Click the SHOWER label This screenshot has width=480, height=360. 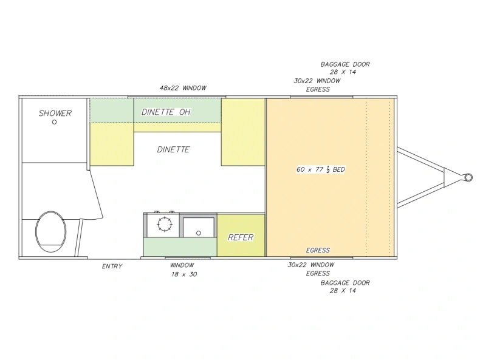click(x=55, y=113)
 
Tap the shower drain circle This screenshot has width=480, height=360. click(x=55, y=122)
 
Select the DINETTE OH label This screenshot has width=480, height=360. click(x=166, y=112)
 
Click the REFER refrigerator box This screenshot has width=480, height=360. click(x=241, y=235)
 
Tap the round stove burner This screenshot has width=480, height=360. click(x=165, y=224)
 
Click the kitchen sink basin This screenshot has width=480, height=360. click(x=198, y=227)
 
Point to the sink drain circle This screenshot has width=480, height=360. click(x=198, y=233)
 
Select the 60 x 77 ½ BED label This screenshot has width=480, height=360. click(x=321, y=169)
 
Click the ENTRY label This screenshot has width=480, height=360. click(x=112, y=267)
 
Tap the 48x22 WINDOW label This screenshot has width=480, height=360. click(x=183, y=88)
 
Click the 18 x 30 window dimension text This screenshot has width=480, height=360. click(x=184, y=274)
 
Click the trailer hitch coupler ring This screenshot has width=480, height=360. click(x=468, y=177)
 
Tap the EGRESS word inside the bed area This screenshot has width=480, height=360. click(x=318, y=250)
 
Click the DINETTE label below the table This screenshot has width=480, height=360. click(x=173, y=149)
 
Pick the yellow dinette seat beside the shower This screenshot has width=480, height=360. click(x=112, y=144)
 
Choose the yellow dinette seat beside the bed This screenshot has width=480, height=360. click(x=243, y=132)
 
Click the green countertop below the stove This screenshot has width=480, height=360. click(x=180, y=247)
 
